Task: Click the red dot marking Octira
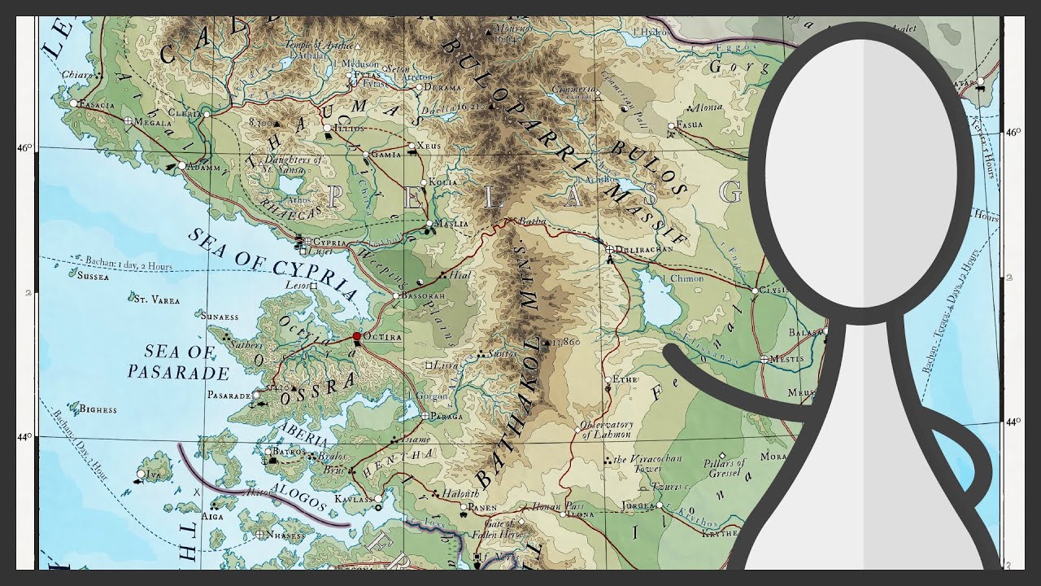click(x=356, y=335)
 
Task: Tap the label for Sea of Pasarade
click(x=178, y=362)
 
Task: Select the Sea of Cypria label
click(x=272, y=262)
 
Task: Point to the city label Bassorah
click(x=423, y=295)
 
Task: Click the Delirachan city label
click(x=646, y=249)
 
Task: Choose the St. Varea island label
click(x=156, y=300)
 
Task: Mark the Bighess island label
click(x=98, y=409)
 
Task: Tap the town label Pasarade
click(x=229, y=396)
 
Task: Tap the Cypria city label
click(x=329, y=242)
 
